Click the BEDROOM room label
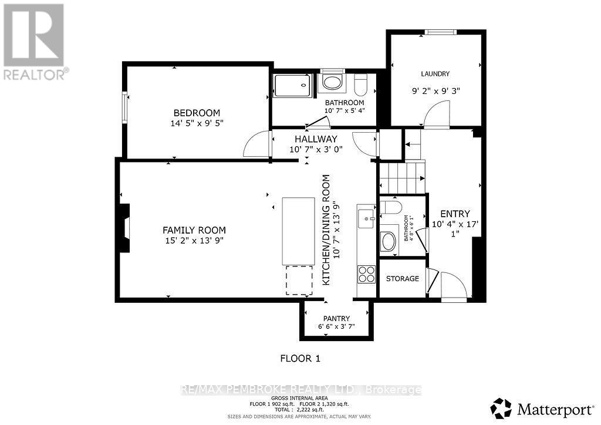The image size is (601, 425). (x=196, y=113)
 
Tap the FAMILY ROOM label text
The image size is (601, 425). (x=194, y=230)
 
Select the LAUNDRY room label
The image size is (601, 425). (x=435, y=74)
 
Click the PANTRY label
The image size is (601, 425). (x=336, y=318)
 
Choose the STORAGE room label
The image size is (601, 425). (x=402, y=278)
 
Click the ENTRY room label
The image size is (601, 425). (x=455, y=214)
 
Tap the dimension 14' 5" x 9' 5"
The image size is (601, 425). (x=196, y=123)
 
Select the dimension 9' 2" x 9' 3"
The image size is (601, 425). (x=435, y=92)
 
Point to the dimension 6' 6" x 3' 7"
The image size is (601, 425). (x=336, y=326)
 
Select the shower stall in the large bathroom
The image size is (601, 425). (x=292, y=87)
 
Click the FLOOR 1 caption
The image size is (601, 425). (x=299, y=358)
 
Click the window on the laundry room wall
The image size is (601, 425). (x=440, y=32)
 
